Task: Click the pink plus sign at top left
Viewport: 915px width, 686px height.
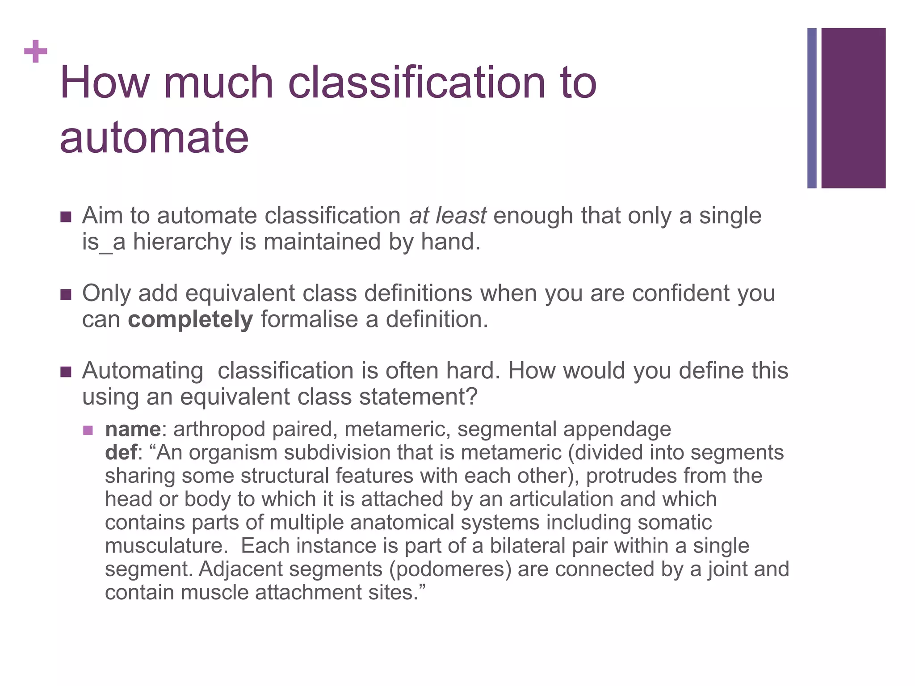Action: tap(36, 51)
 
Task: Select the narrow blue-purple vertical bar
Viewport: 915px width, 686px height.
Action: tap(812, 108)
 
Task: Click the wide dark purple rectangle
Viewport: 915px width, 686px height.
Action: tap(853, 108)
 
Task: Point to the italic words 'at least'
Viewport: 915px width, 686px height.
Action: tap(447, 216)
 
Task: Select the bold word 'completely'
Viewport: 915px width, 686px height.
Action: tap(190, 319)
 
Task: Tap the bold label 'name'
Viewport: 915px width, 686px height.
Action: tap(133, 429)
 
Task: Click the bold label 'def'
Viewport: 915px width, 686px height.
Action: tap(121, 452)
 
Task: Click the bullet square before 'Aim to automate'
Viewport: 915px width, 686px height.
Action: tap(66, 217)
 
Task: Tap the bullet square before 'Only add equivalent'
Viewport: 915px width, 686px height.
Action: tap(66, 294)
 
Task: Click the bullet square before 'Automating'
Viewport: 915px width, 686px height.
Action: tap(66, 372)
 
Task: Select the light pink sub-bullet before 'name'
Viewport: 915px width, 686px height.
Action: tap(88, 430)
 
